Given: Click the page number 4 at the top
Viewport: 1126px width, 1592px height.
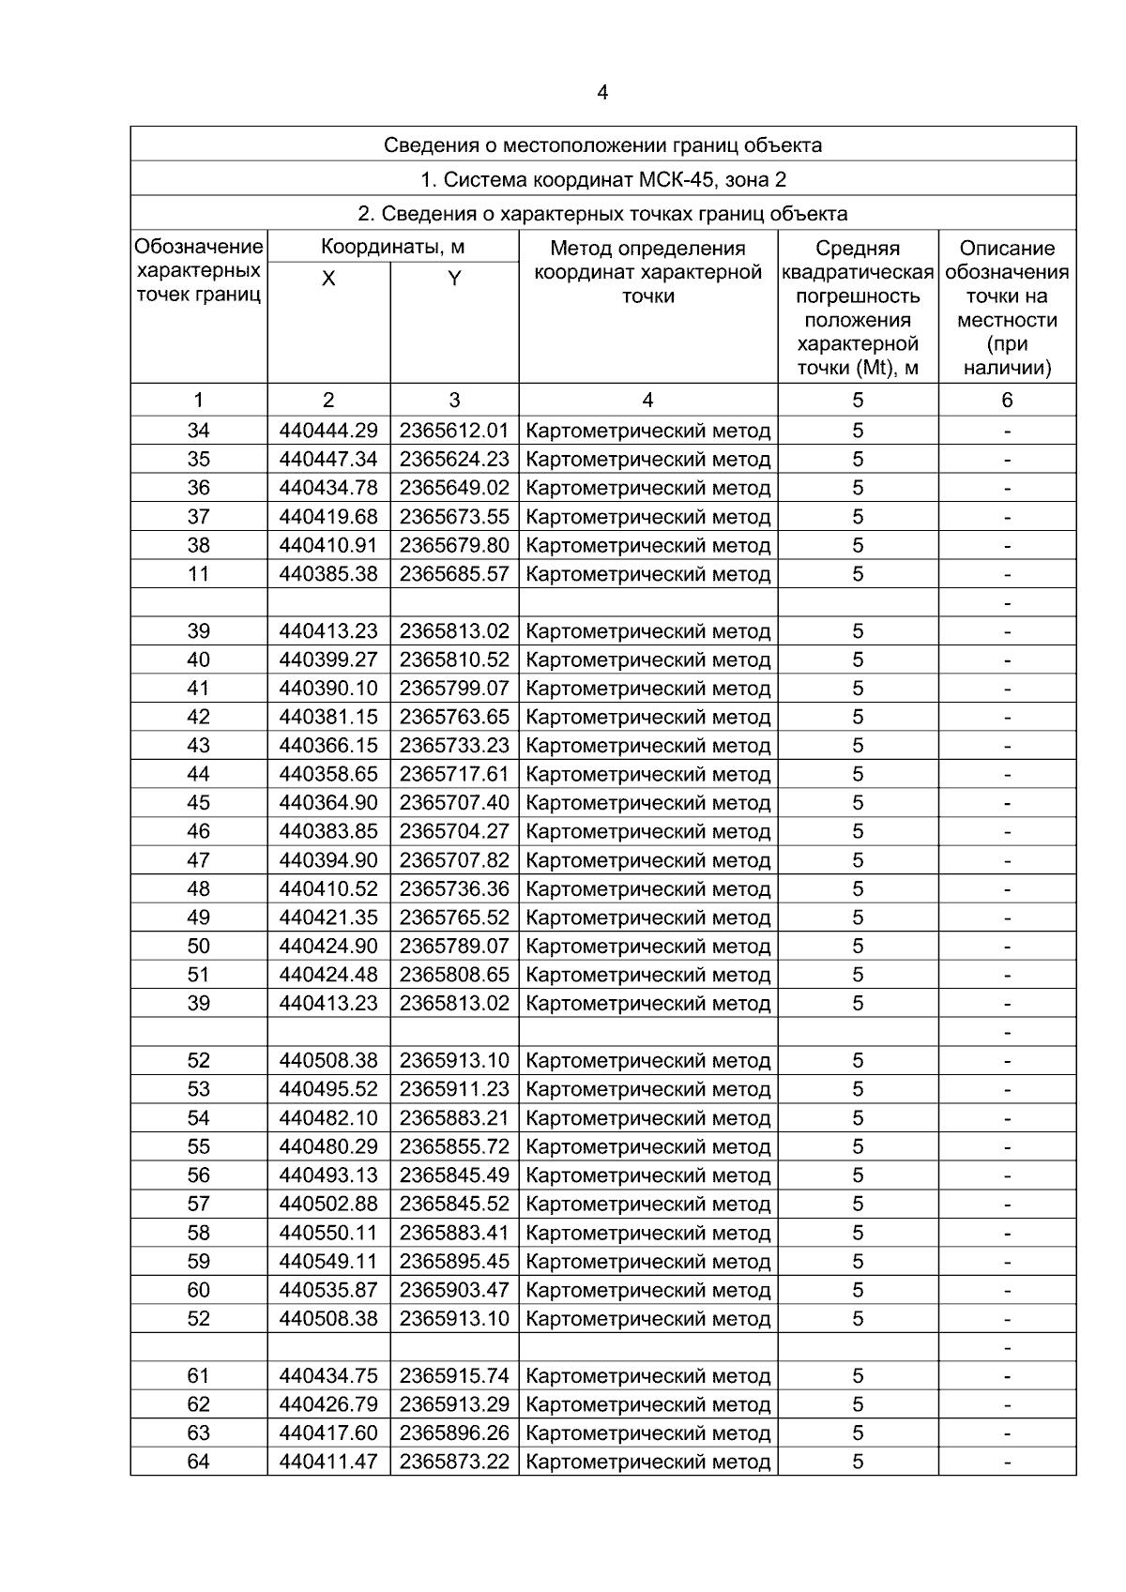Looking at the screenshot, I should tap(602, 93).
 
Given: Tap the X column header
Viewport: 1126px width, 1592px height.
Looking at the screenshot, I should tap(328, 279).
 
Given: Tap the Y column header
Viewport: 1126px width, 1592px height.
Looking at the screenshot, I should tap(454, 279).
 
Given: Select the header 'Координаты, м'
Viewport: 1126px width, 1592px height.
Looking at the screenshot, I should tap(392, 248).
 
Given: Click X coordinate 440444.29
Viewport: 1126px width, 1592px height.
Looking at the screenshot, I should tap(328, 431).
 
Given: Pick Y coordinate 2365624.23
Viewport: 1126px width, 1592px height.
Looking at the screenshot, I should tap(454, 460).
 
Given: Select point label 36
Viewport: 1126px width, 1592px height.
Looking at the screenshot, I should tap(199, 488).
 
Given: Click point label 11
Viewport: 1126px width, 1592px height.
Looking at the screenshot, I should tap(199, 574).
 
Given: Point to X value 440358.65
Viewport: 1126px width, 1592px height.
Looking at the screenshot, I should tap(328, 774).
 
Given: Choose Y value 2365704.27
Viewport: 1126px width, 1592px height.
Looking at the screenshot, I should tap(454, 831).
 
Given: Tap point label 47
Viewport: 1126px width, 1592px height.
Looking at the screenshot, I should tap(199, 860).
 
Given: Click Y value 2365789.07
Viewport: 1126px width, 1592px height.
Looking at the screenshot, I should tap(454, 946).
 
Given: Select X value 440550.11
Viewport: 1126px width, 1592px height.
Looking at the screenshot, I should tap(328, 1233).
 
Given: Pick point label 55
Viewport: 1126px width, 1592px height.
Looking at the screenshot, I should tap(199, 1146).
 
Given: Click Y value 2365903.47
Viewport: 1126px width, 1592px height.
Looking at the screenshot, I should tap(454, 1290).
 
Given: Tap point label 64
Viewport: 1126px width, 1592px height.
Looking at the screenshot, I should tap(199, 1462).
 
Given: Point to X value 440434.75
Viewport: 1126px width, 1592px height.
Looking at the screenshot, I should tap(328, 1376).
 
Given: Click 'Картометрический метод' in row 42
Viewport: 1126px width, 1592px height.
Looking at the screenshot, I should tap(648, 717).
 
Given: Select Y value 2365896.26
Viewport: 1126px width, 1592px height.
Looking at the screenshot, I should tap(454, 1433).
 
